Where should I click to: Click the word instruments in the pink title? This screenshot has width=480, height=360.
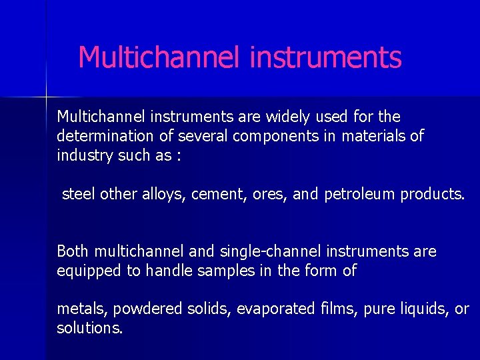pyautogui.click(x=325, y=57)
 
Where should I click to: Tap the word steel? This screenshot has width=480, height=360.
pyautogui.click(x=79, y=194)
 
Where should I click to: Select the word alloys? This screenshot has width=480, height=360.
pyautogui.click(x=164, y=194)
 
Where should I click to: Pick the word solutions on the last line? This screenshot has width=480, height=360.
pyautogui.click(x=89, y=329)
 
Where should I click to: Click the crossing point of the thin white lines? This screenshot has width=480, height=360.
pyautogui.click(x=46, y=97)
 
